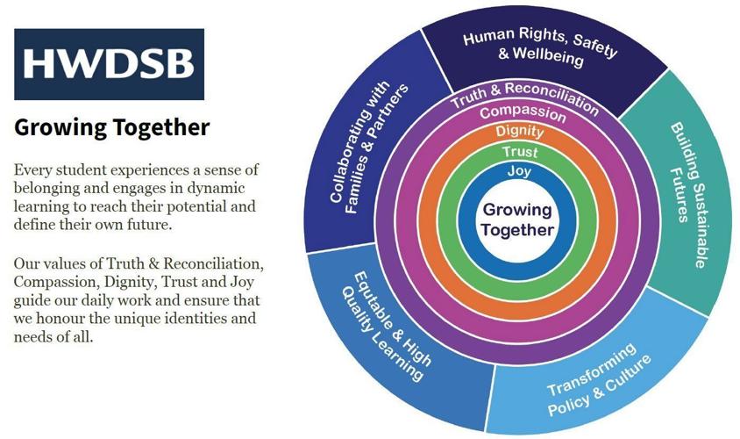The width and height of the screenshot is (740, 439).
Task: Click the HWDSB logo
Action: (109, 64)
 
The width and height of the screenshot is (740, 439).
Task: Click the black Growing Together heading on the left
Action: (112, 127)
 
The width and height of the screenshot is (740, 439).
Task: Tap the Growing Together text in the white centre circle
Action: (517, 219)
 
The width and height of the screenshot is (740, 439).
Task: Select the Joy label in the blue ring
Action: (519, 170)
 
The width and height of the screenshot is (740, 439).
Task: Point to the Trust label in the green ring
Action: (520, 152)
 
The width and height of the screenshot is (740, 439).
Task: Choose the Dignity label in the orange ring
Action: (520, 131)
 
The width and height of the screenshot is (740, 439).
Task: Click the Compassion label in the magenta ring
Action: (523, 113)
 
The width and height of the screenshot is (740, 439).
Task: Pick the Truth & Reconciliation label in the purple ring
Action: (524, 97)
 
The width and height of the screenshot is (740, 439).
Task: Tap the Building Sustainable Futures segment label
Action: (688, 196)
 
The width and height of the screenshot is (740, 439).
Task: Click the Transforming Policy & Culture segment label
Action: (599, 380)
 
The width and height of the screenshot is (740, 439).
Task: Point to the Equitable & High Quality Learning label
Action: (386, 327)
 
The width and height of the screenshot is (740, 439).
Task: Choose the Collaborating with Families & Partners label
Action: (368, 148)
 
